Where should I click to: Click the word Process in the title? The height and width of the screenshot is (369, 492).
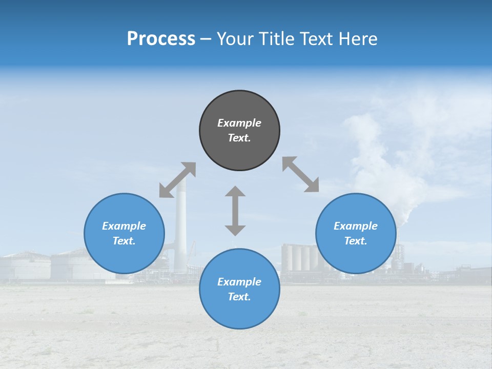pyautogui.click(x=161, y=39)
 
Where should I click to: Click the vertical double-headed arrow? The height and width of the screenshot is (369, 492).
pyautogui.click(x=235, y=211)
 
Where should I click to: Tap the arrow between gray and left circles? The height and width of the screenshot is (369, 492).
pyautogui.click(x=177, y=180)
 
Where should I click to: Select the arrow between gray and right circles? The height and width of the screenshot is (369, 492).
pyautogui.click(x=300, y=174)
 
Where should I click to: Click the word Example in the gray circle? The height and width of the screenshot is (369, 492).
pyautogui.click(x=239, y=123)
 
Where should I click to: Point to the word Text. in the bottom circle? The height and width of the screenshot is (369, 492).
pyautogui.click(x=239, y=297)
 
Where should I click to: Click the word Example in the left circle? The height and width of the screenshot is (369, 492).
pyautogui.click(x=124, y=226)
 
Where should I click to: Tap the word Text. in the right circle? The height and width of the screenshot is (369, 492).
pyautogui.click(x=356, y=241)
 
